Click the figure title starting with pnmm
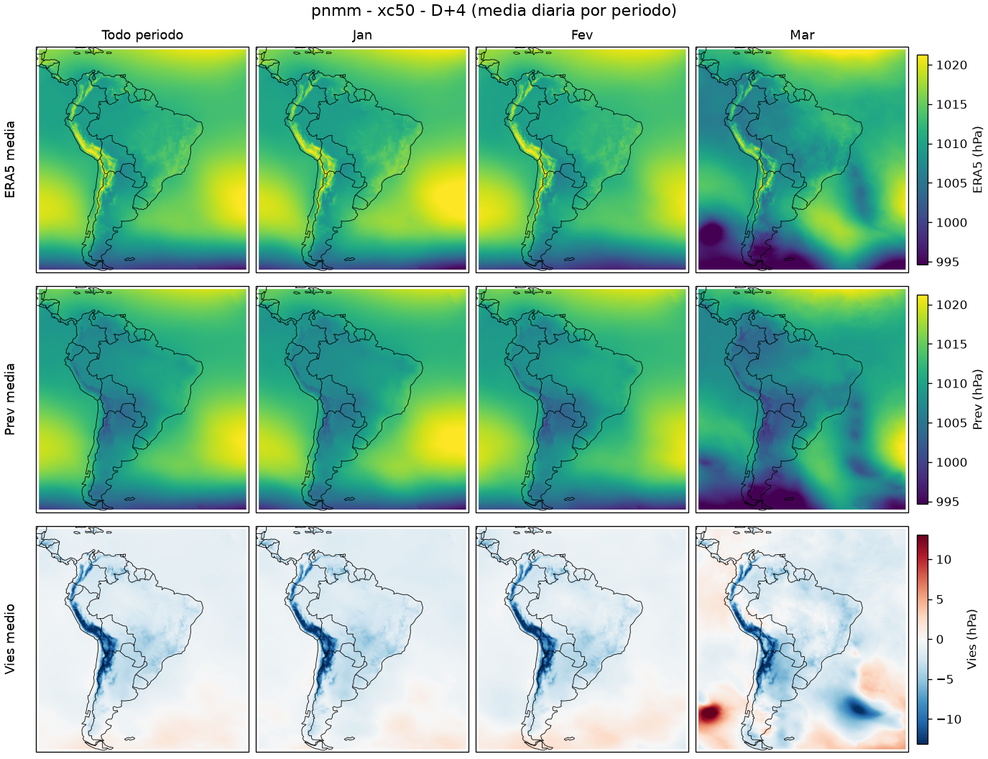tap(494, 10)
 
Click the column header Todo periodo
tap(142, 35)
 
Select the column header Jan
tap(362, 35)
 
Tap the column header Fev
tap(581, 35)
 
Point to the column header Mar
tap(802, 35)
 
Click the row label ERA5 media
tap(10, 160)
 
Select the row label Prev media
tap(10, 400)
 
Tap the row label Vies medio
tap(10, 639)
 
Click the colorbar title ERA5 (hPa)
tap(977, 160)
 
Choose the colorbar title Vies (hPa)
tap(972, 640)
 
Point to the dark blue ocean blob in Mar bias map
tap(859, 708)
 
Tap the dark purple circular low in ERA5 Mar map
tap(711, 234)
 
